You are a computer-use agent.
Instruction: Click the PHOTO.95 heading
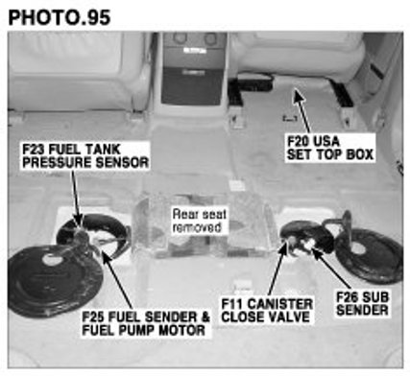point(60,17)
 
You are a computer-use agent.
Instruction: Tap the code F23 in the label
point(35,150)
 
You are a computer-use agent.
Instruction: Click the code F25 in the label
point(93,317)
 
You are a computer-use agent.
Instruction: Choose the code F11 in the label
point(232,304)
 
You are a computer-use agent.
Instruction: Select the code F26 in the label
point(349,297)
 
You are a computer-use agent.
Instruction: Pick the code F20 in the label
point(299,141)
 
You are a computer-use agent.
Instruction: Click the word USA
point(326,141)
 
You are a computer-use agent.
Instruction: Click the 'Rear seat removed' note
point(199,221)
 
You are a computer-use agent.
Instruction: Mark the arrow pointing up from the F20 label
point(301,110)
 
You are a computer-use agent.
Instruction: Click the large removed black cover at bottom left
point(55,282)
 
